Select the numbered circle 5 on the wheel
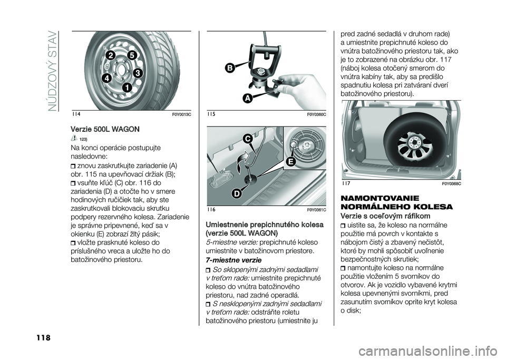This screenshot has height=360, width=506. pyautogui.click(x=132, y=54)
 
